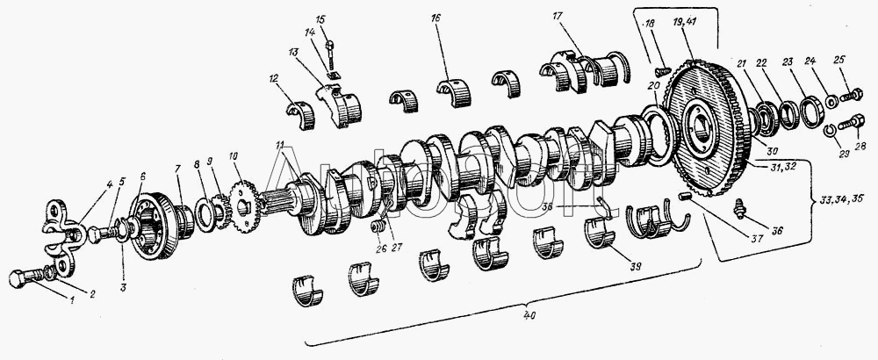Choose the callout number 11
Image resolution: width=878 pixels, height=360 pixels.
coord(278,145)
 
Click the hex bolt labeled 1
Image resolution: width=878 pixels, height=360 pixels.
coord(22,281)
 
